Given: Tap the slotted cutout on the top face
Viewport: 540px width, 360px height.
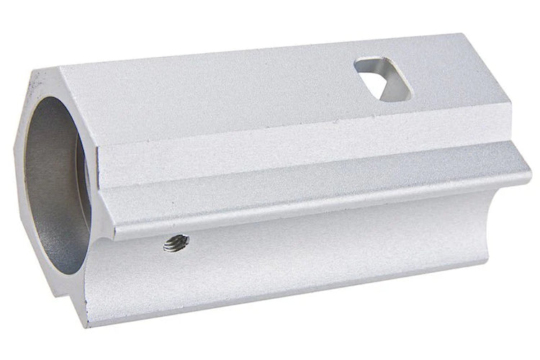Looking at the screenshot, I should (x=382, y=78).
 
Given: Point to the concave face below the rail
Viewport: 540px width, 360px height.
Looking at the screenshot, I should (x=324, y=245).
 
